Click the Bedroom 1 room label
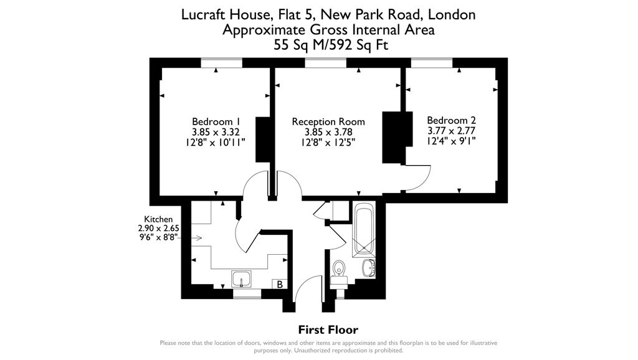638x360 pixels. coord(216,121)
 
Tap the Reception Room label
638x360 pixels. coord(328,121)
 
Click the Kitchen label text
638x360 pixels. coord(158,219)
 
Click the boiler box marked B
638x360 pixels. coord(280,285)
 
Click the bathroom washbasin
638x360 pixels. coord(368,268)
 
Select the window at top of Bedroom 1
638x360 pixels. coord(221,62)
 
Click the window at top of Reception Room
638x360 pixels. coord(326,62)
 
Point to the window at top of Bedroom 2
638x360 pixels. coord(431,62)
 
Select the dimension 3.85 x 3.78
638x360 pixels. coord(328,132)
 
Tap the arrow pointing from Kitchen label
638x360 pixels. coord(196,238)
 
